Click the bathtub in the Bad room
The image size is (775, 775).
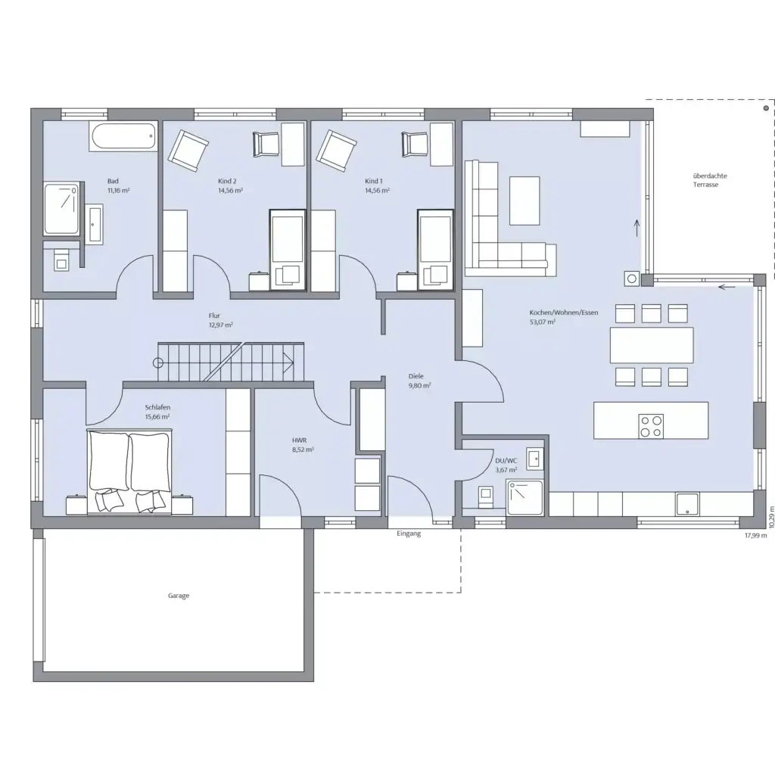123,136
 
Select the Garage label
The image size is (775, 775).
179,596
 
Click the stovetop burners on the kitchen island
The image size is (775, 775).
651,427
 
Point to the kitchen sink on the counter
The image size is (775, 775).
687,505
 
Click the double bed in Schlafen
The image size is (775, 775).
129,472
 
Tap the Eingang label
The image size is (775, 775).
409,534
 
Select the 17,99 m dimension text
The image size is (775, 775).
756,535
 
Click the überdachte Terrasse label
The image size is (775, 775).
709,180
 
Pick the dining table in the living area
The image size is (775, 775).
652,345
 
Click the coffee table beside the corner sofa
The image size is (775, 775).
524,201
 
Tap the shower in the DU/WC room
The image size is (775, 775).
525,498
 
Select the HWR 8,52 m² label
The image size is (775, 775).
303,445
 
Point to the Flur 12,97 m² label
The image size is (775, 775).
220,320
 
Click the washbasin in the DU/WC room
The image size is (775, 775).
534,459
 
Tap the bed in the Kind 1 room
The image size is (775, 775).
435,250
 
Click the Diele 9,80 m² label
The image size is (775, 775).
419,381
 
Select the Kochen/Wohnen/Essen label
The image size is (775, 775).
563,313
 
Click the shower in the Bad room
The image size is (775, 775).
62,209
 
